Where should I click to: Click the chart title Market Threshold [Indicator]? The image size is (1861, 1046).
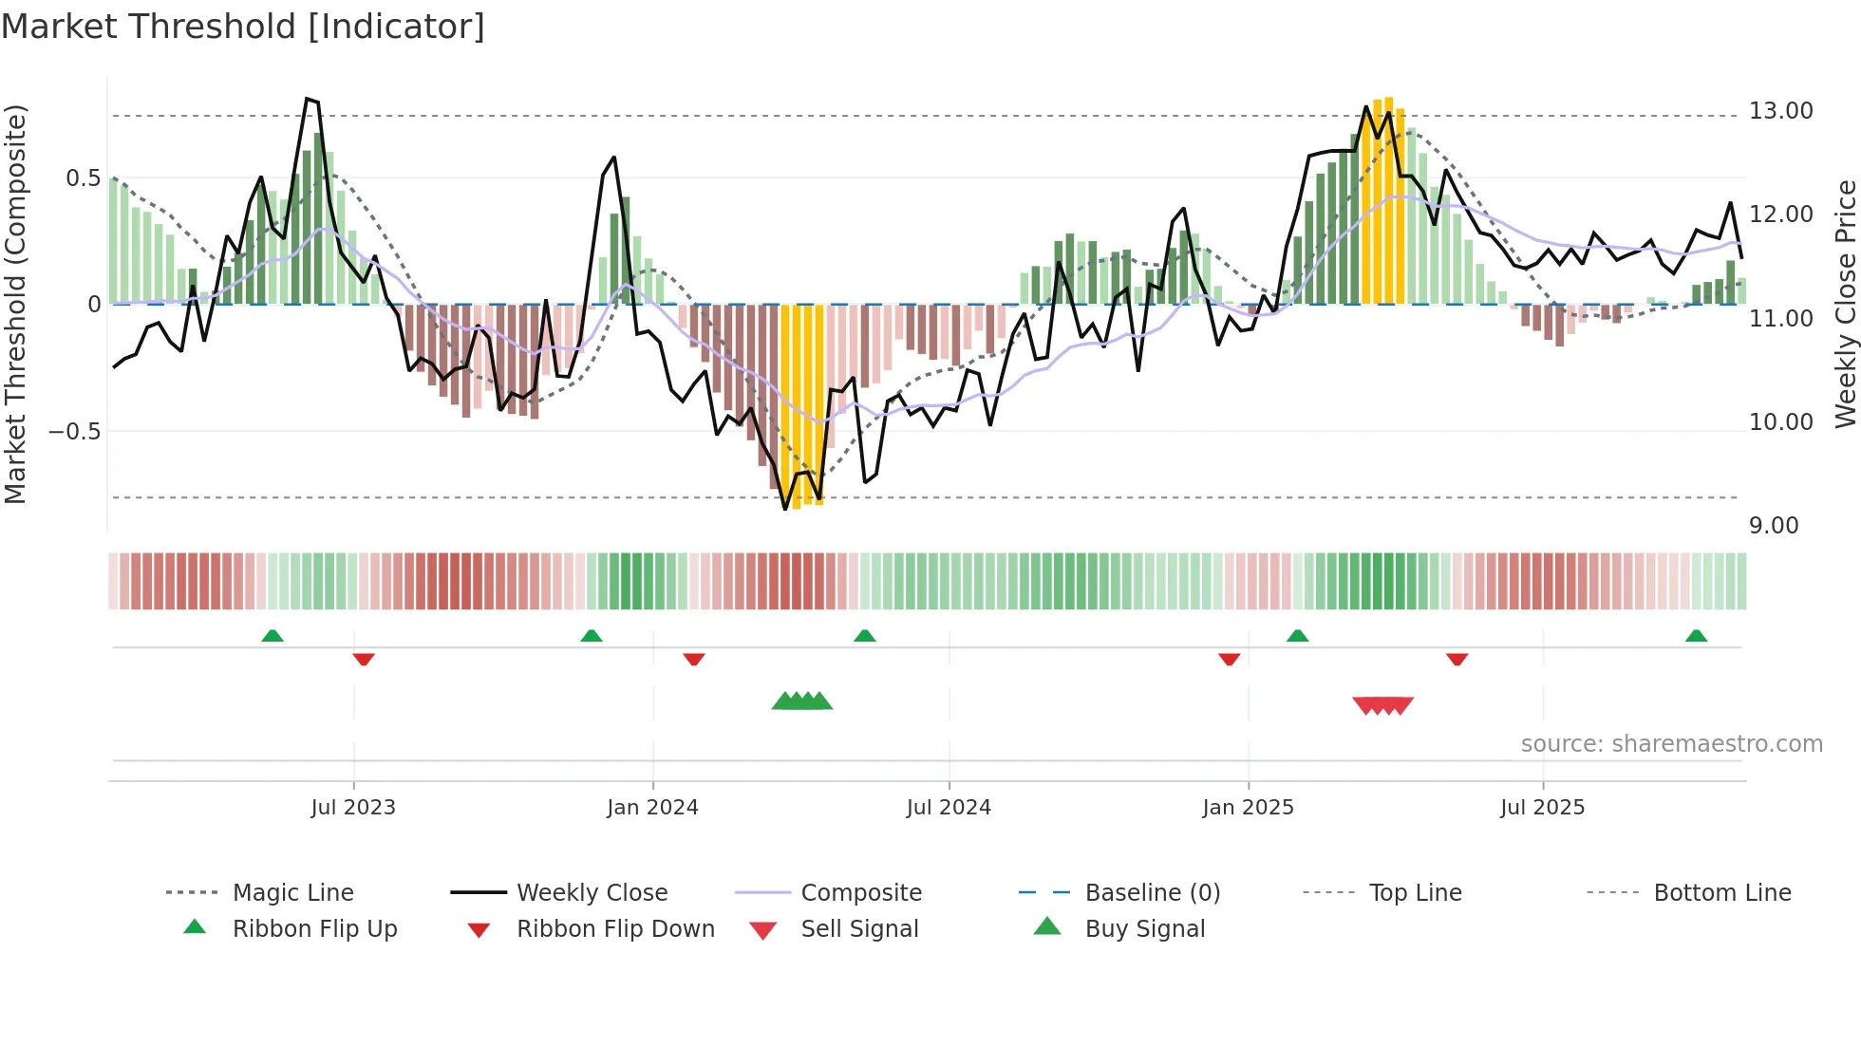tap(243, 27)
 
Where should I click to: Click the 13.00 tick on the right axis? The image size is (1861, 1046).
tap(1780, 111)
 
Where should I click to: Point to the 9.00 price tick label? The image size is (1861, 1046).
tap(1773, 526)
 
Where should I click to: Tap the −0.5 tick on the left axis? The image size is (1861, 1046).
tap(74, 431)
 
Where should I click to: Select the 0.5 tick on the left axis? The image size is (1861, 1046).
tap(83, 178)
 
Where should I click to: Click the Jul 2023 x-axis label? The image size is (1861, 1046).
tap(352, 808)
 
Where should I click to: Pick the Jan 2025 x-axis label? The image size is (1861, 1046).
tap(1247, 808)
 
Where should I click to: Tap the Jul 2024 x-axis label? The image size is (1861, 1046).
tap(948, 808)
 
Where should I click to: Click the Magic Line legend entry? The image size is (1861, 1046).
tap(292, 893)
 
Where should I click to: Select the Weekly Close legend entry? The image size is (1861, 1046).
tap(592, 893)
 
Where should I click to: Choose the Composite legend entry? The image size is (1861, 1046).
tap(860, 893)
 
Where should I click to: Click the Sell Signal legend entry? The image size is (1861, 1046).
tap(858, 929)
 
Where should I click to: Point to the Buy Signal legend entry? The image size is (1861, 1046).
tap(1144, 929)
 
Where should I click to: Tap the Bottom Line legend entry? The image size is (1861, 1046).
tap(1721, 893)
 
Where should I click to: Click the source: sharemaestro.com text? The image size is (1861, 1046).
tap(1671, 744)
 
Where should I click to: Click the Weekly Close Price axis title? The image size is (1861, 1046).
tap(1845, 304)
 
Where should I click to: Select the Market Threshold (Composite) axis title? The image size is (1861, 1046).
tap(15, 304)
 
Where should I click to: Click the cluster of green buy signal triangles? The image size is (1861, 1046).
tap(802, 701)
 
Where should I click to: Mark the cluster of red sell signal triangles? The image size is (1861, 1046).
tap(1382, 705)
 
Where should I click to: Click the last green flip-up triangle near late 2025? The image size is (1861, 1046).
tap(1696, 636)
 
